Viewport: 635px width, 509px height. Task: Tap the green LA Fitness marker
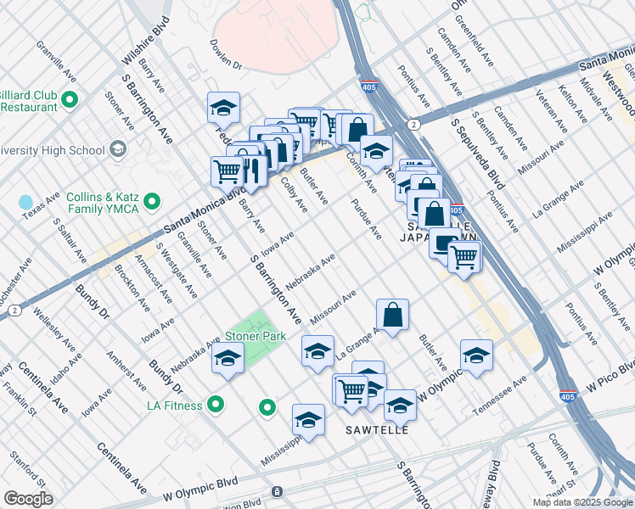tap(216, 405)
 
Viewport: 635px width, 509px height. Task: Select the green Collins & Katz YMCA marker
tap(152, 201)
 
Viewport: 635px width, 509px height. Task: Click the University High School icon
tap(116, 150)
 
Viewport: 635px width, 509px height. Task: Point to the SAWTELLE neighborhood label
tap(377, 430)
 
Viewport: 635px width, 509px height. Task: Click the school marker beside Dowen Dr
tap(223, 109)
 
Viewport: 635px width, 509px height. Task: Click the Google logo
tap(28, 499)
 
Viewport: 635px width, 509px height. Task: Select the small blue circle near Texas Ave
tap(25, 204)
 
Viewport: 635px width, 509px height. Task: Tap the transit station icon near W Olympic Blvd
tap(277, 492)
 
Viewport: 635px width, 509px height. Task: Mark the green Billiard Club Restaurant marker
tap(70, 101)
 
